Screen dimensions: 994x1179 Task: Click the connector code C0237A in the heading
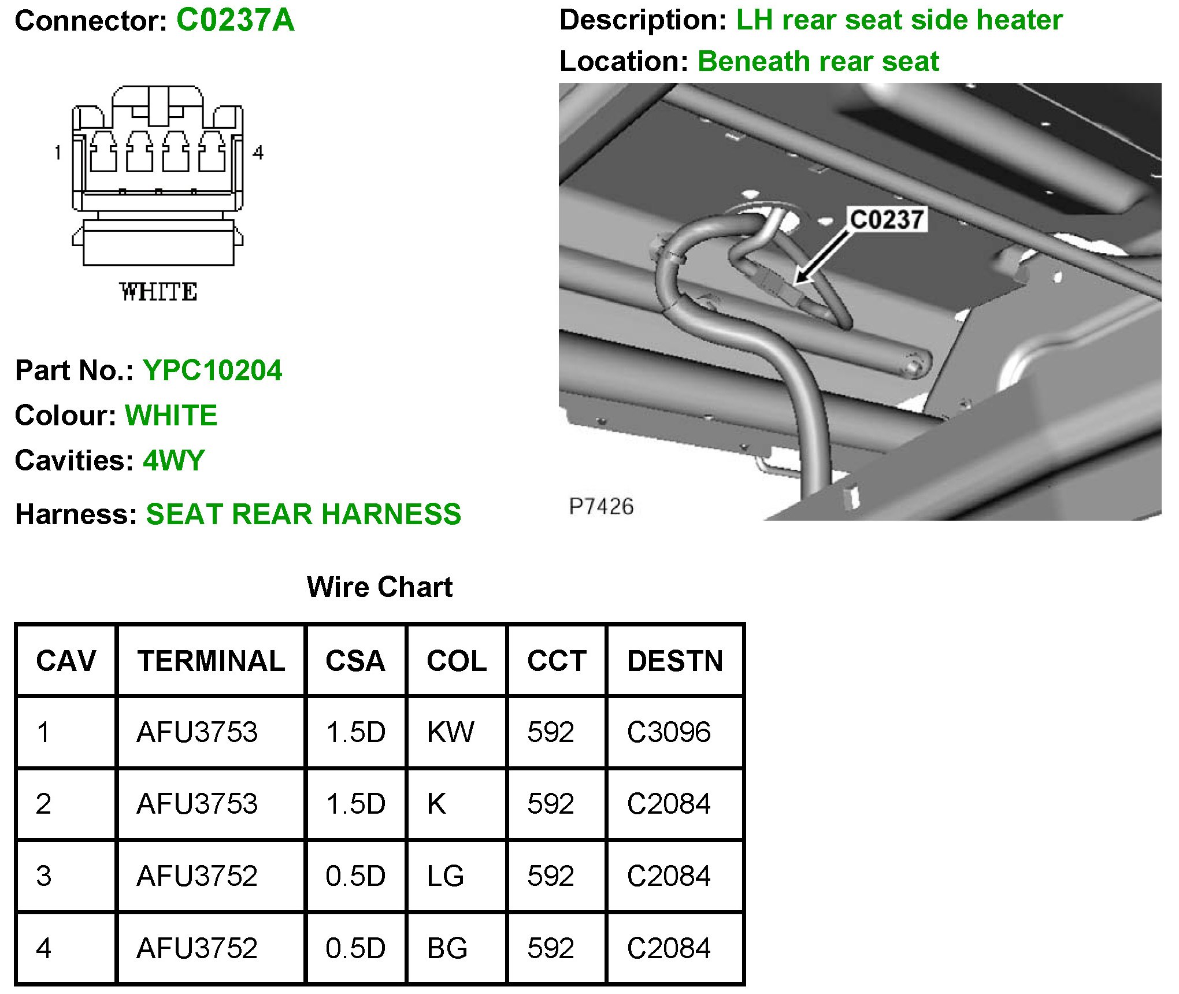point(235,21)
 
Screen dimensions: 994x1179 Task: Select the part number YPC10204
point(212,370)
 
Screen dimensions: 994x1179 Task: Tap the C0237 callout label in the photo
point(887,220)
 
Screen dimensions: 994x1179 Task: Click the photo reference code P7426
point(601,506)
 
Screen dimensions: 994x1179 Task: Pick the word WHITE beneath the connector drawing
point(158,292)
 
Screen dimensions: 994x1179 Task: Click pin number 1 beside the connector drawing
point(58,153)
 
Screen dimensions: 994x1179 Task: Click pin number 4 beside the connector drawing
point(258,153)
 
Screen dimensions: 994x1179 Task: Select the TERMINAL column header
point(211,661)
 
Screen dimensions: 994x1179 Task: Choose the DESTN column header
point(675,661)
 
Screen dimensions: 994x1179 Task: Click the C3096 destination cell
point(669,732)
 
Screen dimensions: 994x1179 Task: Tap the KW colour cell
point(450,732)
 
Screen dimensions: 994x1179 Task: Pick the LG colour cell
point(445,876)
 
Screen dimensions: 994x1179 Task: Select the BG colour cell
point(447,948)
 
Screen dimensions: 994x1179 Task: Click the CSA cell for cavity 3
point(355,876)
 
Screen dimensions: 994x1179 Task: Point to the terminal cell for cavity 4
point(197,948)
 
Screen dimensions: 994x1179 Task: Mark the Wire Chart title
point(379,587)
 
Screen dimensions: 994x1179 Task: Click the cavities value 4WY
point(174,461)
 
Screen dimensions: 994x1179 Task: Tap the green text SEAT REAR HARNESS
point(303,514)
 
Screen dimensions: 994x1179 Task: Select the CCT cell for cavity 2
point(550,804)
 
